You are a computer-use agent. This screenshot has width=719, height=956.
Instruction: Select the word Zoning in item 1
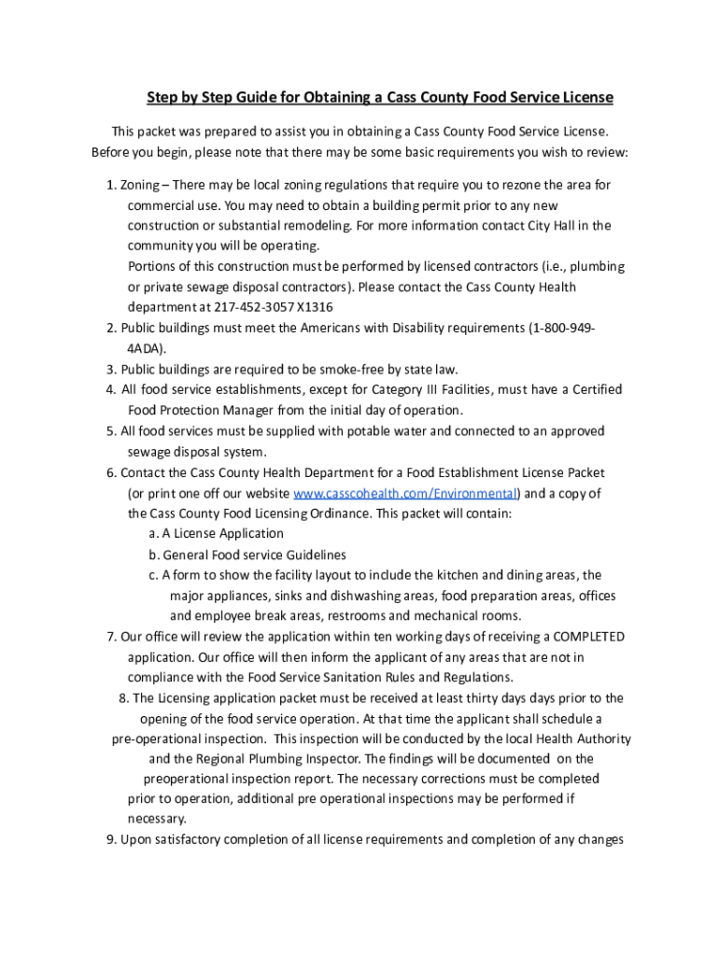[x=140, y=185]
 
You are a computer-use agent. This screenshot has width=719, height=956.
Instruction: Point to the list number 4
[x=110, y=389]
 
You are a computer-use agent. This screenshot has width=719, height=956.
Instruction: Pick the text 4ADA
[x=147, y=348]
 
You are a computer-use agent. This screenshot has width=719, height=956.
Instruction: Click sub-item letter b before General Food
[x=153, y=555]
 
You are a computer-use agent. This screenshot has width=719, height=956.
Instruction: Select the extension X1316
[x=315, y=307]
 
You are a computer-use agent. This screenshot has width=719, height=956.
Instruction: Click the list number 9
[x=111, y=839]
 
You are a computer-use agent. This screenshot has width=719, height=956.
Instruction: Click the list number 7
[x=111, y=637]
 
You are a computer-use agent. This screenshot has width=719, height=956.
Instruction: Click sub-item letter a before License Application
[x=153, y=534]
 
